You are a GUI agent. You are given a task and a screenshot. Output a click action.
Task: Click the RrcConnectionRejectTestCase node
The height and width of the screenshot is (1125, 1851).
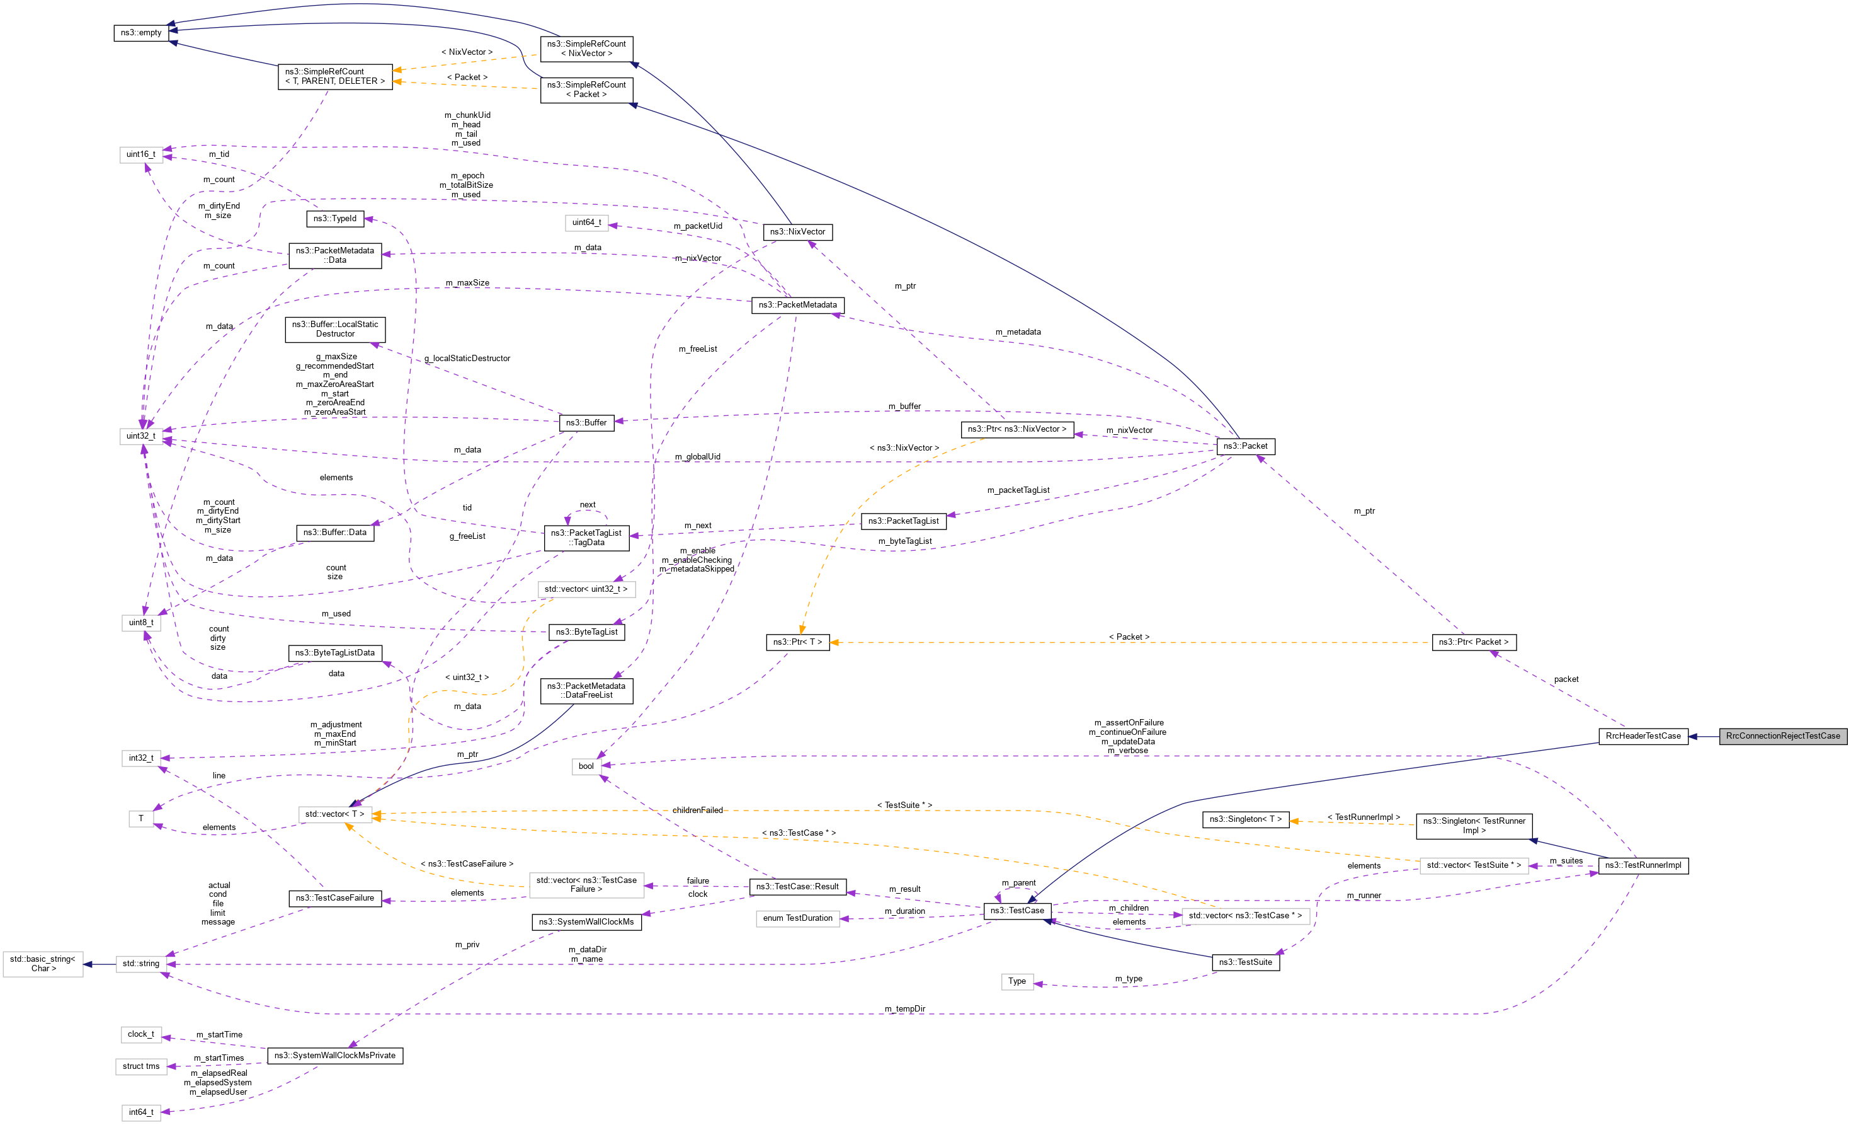click(1782, 736)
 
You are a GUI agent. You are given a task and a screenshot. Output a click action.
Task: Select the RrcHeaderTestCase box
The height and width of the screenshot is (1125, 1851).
click(1643, 736)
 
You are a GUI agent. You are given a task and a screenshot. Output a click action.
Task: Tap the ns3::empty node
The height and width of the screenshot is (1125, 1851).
click(141, 33)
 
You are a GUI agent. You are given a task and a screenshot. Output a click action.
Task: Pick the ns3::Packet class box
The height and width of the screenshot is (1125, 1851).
click(1244, 446)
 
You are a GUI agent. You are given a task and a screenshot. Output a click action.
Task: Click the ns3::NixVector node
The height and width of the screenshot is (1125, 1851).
click(797, 231)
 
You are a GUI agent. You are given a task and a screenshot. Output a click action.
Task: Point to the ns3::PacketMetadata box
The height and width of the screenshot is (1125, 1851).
click(797, 305)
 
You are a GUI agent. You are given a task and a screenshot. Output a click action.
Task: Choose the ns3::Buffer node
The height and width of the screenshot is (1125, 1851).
click(586, 422)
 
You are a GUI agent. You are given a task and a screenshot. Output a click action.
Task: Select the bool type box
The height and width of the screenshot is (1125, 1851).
click(586, 766)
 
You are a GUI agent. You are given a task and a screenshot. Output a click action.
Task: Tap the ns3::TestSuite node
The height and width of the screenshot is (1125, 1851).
click(1244, 962)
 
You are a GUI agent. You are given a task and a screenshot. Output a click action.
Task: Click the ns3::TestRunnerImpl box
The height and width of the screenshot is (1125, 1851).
click(1643, 865)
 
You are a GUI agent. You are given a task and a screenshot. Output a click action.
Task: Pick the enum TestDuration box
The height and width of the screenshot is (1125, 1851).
click(797, 918)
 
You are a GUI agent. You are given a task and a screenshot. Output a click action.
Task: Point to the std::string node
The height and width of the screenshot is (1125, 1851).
click(141, 964)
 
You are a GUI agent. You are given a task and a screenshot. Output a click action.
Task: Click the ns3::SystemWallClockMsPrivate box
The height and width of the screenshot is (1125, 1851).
click(335, 1055)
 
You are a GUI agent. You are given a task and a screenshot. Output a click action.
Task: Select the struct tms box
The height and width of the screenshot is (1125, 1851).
click(141, 1066)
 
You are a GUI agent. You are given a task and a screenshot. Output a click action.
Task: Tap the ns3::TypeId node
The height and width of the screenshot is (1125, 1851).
click(335, 219)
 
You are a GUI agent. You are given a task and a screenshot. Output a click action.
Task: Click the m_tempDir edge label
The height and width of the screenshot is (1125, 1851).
click(904, 1008)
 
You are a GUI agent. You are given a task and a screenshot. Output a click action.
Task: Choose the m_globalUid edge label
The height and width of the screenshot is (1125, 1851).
click(697, 457)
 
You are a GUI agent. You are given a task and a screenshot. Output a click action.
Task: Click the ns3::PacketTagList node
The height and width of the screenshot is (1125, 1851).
click(903, 521)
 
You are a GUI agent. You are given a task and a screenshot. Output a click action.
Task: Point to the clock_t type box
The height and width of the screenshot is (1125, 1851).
click(141, 1034)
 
